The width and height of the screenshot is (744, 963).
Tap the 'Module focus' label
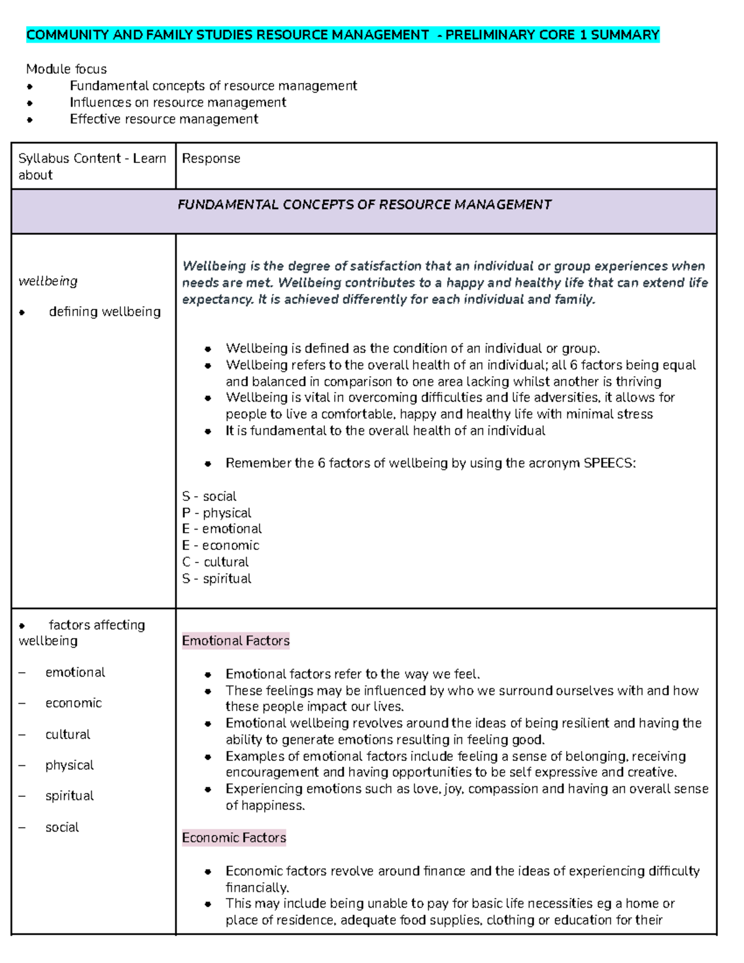(66, 69)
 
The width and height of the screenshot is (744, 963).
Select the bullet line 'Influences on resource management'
(178, 102)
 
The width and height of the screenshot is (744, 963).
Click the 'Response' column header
(211, 159)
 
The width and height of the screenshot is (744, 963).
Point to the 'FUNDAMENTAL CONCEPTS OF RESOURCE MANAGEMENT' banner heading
(365, 205)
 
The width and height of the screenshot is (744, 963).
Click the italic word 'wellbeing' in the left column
(48, 282)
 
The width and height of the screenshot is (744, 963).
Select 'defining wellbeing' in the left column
(105, 312)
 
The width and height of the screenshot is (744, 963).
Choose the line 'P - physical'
(217, 513)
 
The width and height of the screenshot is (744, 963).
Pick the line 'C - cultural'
(216, 562)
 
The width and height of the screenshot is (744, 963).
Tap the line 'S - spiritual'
(217, 579)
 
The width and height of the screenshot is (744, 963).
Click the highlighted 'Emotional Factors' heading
(236, 641)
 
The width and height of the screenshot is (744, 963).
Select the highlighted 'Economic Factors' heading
(234, 838)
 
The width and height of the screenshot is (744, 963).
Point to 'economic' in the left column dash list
(73, 703)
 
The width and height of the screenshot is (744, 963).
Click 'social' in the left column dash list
(62, 827)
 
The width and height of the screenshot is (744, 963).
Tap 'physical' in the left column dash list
(69, 765)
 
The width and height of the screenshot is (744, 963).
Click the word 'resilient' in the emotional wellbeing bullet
(579, 723)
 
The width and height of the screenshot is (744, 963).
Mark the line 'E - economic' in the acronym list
(221, 546)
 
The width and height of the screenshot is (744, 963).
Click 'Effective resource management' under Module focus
(164, 119)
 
